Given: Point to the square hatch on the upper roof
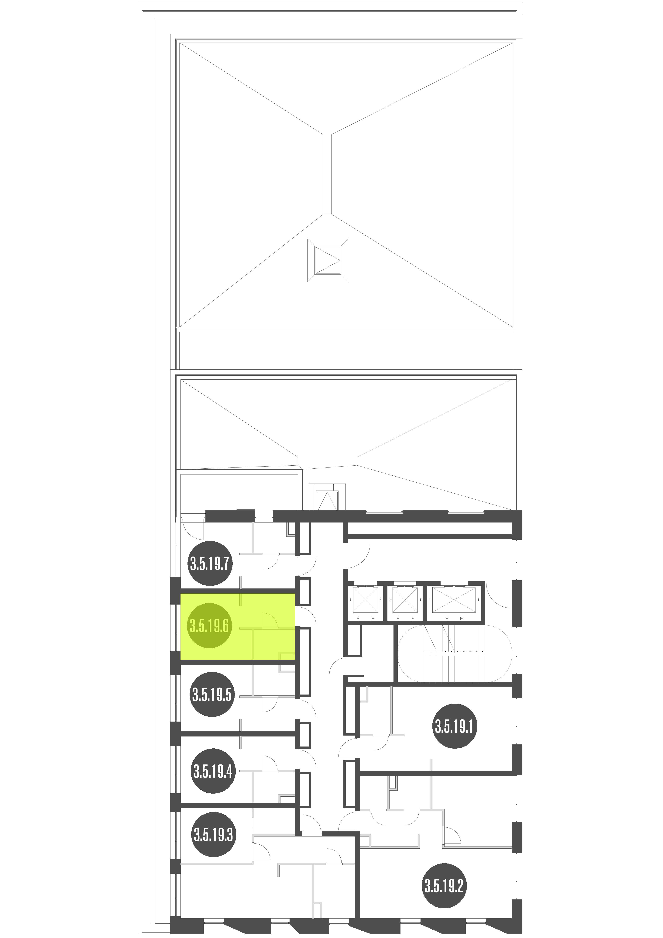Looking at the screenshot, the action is [x=328, y=260].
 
